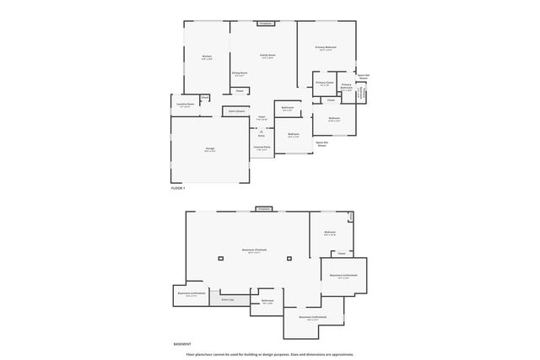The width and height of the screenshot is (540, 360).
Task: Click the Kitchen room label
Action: click(x=207, y=58)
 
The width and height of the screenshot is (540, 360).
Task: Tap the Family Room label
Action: click(x=267, y=56)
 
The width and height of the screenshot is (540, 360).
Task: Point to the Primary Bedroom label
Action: click(x=326, y=48)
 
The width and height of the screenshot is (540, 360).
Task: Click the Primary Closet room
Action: click(x=326, y=83)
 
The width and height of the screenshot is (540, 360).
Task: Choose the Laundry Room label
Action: click(x=186, y=105)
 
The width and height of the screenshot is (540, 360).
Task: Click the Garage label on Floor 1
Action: click(x=209, y=149)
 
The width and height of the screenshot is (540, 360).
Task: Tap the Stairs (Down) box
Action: click(x=235, y=110)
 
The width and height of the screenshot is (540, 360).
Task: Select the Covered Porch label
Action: click(x=262, y=148)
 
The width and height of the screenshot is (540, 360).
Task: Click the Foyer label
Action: click(x=262, y=118)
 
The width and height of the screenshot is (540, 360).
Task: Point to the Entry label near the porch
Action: click(x=262, y=134)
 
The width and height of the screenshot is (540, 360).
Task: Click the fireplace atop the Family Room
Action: click(x=264, y=23)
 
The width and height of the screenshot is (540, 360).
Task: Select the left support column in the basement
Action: click(x=220, y=259)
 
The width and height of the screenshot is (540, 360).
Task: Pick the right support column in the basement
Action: click(x=289, y=259)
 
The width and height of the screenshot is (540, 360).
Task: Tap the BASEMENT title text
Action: click(x=181, y=344)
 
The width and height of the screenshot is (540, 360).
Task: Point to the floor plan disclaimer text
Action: click(x=270, y=354)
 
